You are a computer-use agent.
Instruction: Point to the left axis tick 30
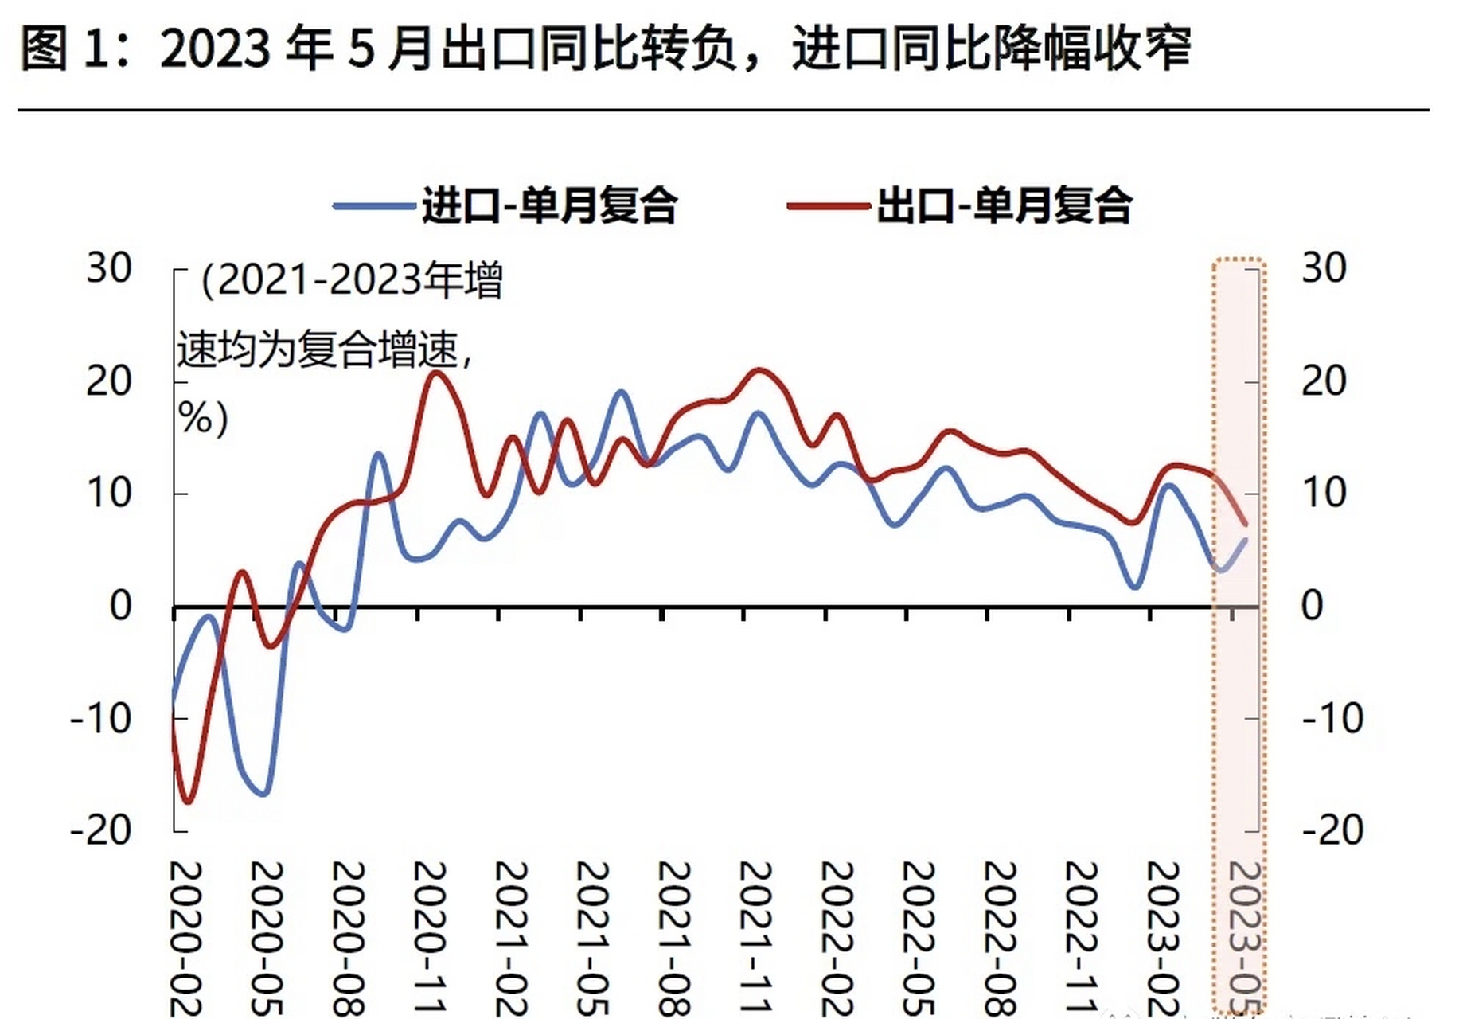pyautogui.click(x=109, y=269)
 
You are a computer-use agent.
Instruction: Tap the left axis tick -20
pyautogui.click(x=101, y=831)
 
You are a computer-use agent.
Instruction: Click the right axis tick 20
pyautogui.click(x=1324, y=382)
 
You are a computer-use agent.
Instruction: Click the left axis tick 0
pyautogui.click(x=120, y=607)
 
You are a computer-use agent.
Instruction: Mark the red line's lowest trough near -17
pyautogui.click(x=188, y=801)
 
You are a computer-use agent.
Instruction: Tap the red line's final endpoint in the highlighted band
pyautogui.click(x=1246, y=524)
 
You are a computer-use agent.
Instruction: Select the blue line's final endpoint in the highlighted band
pyautogui.click(x=1246, y=540)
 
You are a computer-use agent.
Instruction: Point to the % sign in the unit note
pyautogui.click(x=194, y=417)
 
